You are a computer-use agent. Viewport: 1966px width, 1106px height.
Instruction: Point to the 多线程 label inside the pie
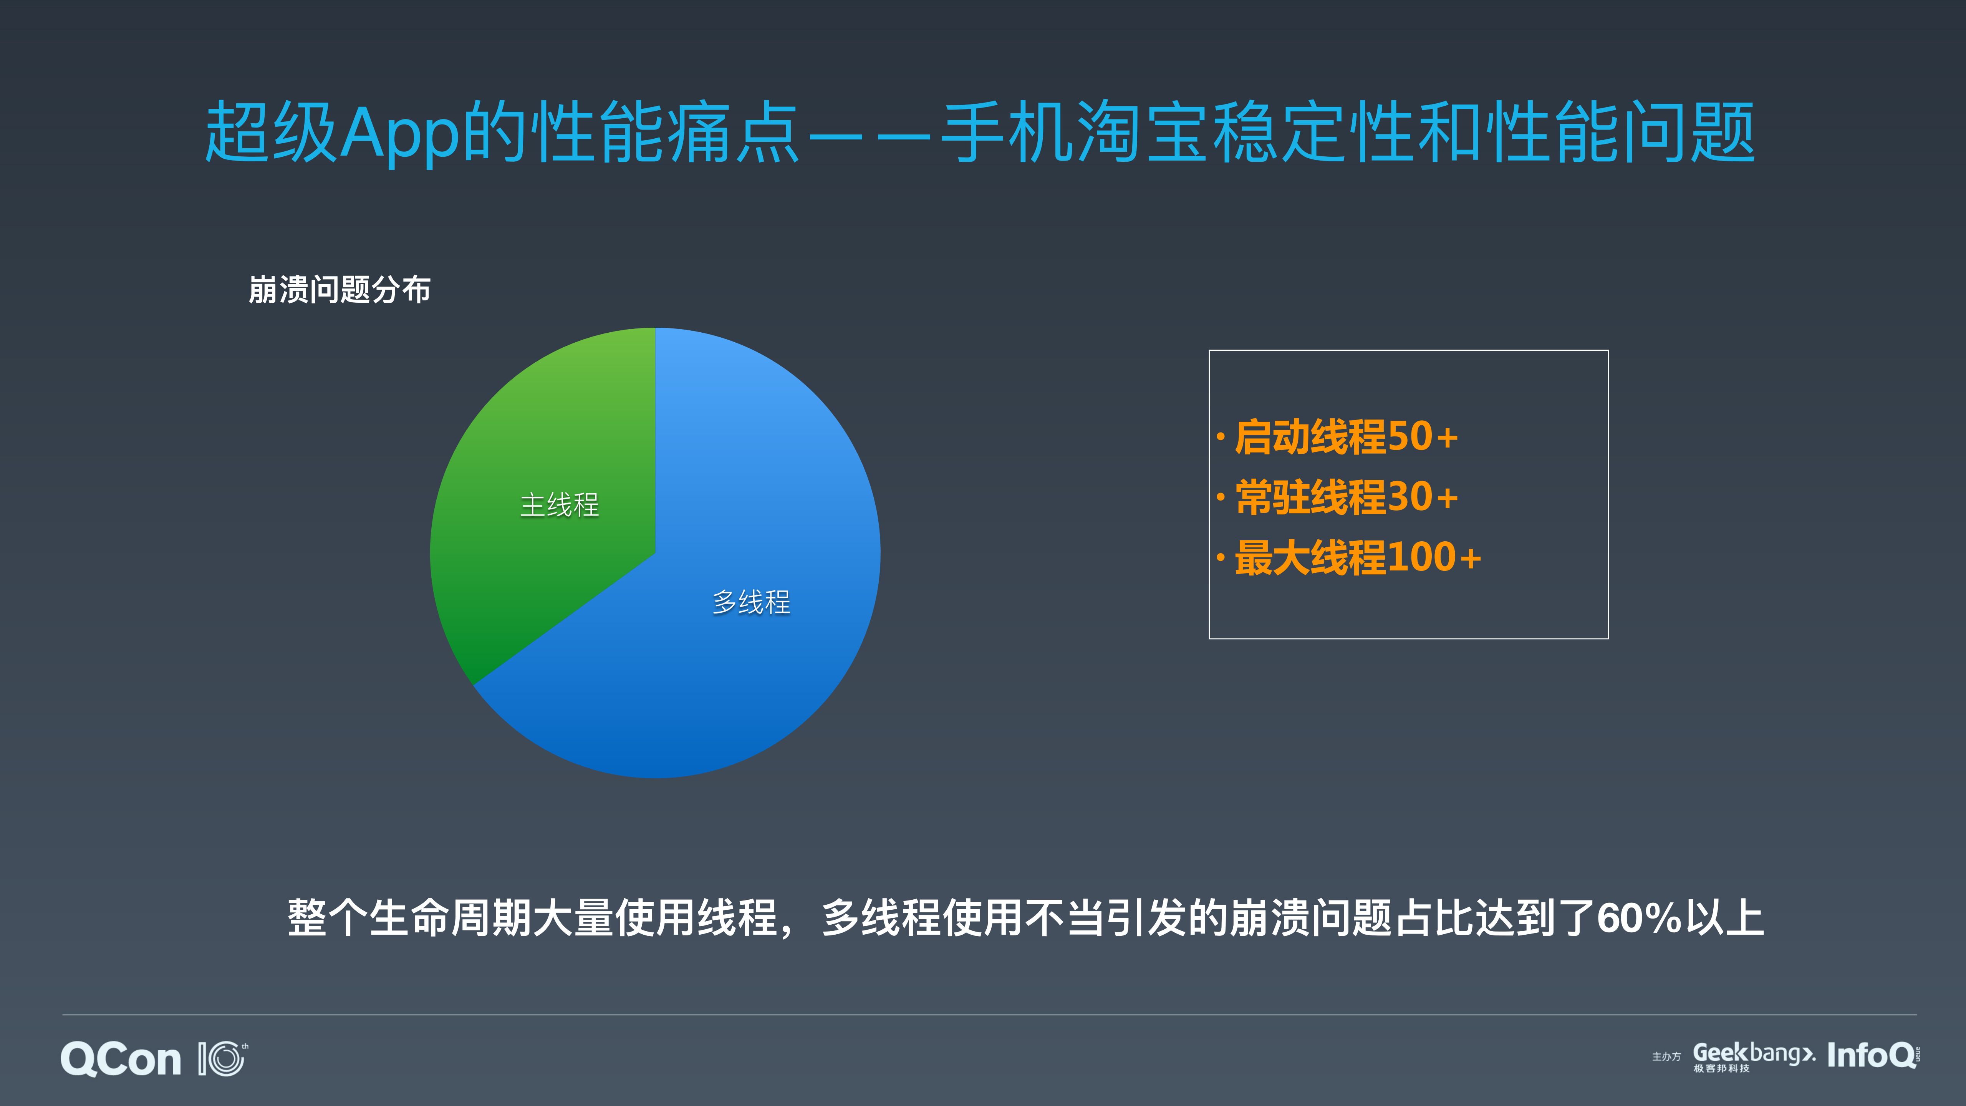751,602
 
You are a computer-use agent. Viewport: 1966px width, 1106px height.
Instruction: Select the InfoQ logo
1872,1056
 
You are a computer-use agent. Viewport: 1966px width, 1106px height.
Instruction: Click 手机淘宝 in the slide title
1076,134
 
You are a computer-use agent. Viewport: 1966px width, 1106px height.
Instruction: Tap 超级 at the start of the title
271,134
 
